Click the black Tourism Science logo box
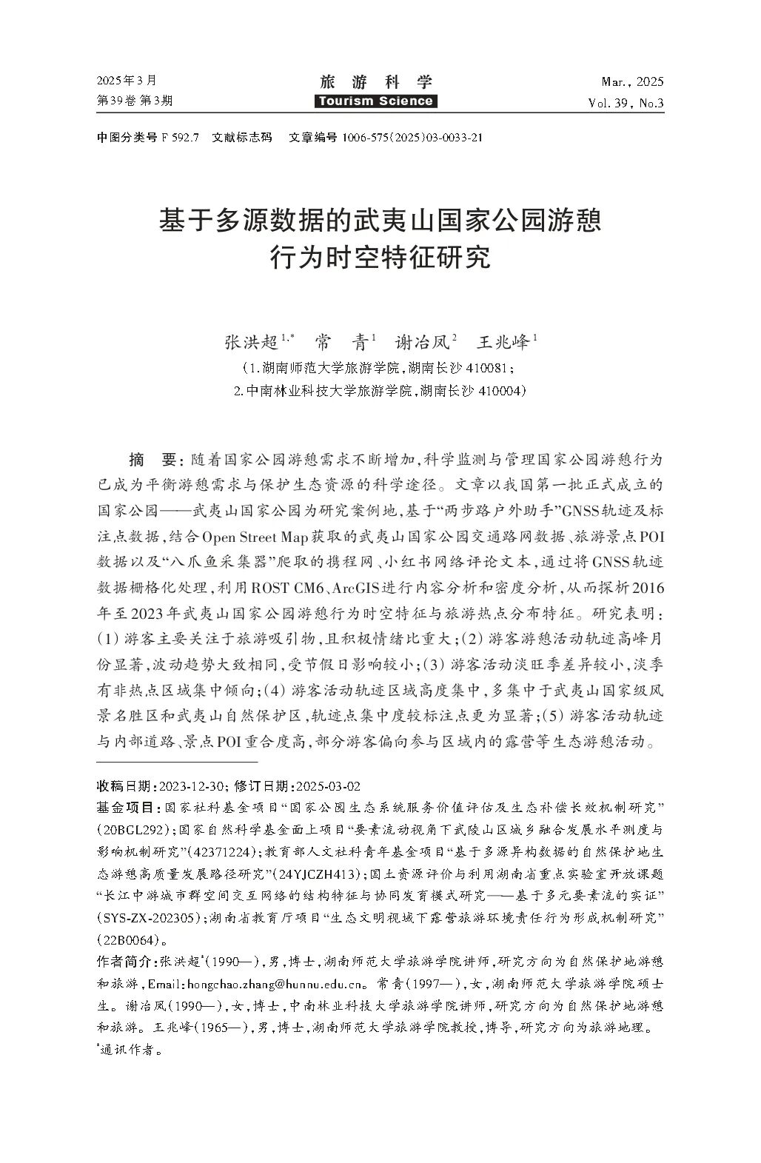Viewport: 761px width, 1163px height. click(376, 101)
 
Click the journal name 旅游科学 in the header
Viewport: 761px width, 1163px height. click(376, 82)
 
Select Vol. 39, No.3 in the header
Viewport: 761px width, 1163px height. click(626, 102)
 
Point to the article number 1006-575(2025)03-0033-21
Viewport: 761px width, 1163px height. click(412, 137)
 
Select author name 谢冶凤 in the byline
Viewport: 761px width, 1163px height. click(421, 342)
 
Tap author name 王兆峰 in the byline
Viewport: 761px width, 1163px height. click(503, 342)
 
